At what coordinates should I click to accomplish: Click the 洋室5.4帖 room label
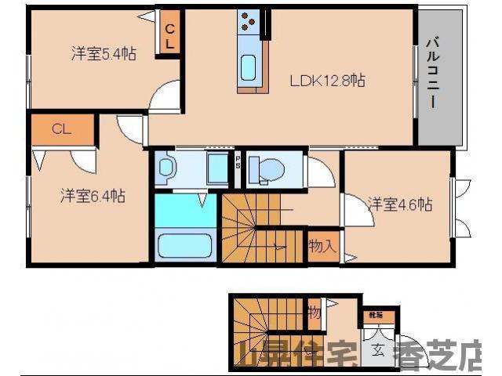pyautogui.click(x=104, y=54)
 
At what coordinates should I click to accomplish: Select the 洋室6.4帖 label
pyautogui.click(x=93, y=197)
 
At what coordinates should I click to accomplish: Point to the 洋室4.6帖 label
pyautogui.click(x=401, y=204)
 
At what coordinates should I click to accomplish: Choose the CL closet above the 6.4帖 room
pyautogui.click(x=62, y=129)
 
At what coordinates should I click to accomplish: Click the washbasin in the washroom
pyautogui.click(x=166, y=167)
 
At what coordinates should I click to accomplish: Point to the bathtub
pyautogui.click(x=186, y=244)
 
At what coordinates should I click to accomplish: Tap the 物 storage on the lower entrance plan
pyautogui.click(x=314, y=313)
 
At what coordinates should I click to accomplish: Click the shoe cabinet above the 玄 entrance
pyautogui.click(x=373, y=316)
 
